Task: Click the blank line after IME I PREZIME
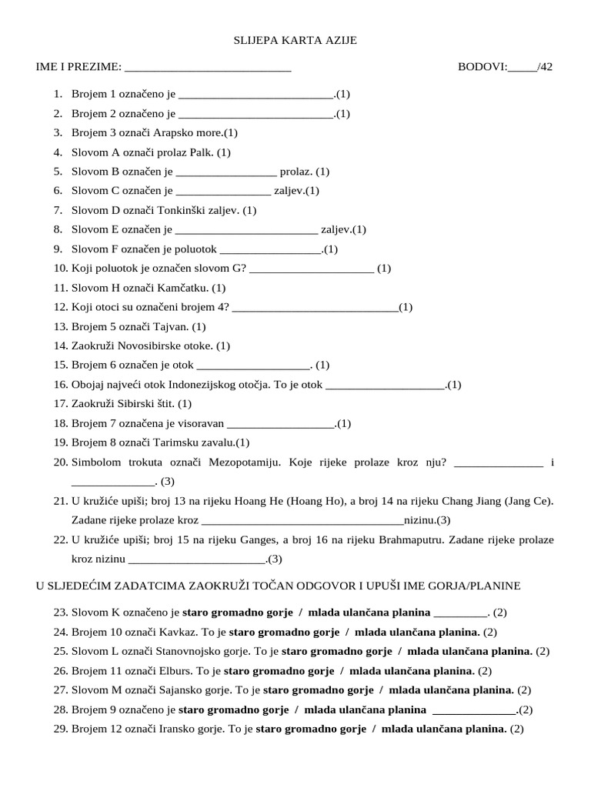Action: tap(207, 67)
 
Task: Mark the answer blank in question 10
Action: tap(312, 269)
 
